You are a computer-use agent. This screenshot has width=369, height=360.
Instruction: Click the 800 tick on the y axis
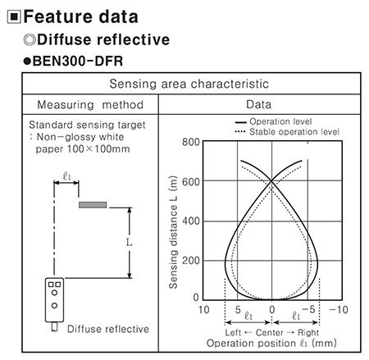click(x=191, y=142)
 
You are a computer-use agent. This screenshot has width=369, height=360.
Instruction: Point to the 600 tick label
click(x=191, y=182)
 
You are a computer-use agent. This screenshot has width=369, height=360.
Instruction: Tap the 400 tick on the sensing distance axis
click(x=191, y=221)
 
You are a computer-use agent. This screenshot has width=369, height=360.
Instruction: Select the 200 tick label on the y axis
click(x=191, y=261)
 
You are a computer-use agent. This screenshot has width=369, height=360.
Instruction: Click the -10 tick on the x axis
click(x=339, y=310)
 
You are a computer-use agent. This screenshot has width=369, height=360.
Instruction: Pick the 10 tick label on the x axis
click(x=203, y=310)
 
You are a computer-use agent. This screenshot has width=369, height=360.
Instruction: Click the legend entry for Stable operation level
click(x=287, y=132)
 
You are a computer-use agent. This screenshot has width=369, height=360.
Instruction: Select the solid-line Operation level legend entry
click(x=273, y=121)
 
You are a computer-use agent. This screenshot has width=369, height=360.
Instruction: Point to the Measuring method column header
click(x=90, y=105)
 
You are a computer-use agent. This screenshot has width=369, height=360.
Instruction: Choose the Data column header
click(x=259, y=104)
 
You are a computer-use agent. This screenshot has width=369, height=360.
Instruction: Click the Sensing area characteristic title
click(x=189, y=84)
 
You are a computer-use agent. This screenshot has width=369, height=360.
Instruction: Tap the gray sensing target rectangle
click(x=93, y=205)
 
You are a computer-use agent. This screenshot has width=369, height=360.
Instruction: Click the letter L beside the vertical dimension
click(x=129, y=242)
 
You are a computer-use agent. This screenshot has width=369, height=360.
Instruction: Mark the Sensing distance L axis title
click(x=173, y=232)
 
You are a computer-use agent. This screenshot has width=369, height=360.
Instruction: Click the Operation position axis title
click(x=271, y=344)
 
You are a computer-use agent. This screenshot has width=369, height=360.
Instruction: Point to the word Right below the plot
click(x=308, y=333)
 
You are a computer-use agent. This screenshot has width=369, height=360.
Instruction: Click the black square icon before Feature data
click(x=14, y=16)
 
